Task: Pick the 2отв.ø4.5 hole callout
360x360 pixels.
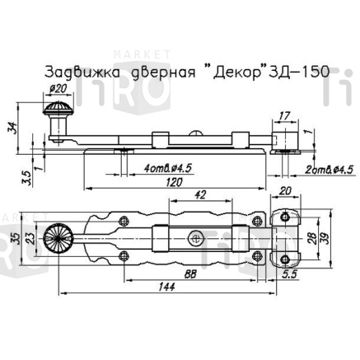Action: [x=326, y=169]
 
